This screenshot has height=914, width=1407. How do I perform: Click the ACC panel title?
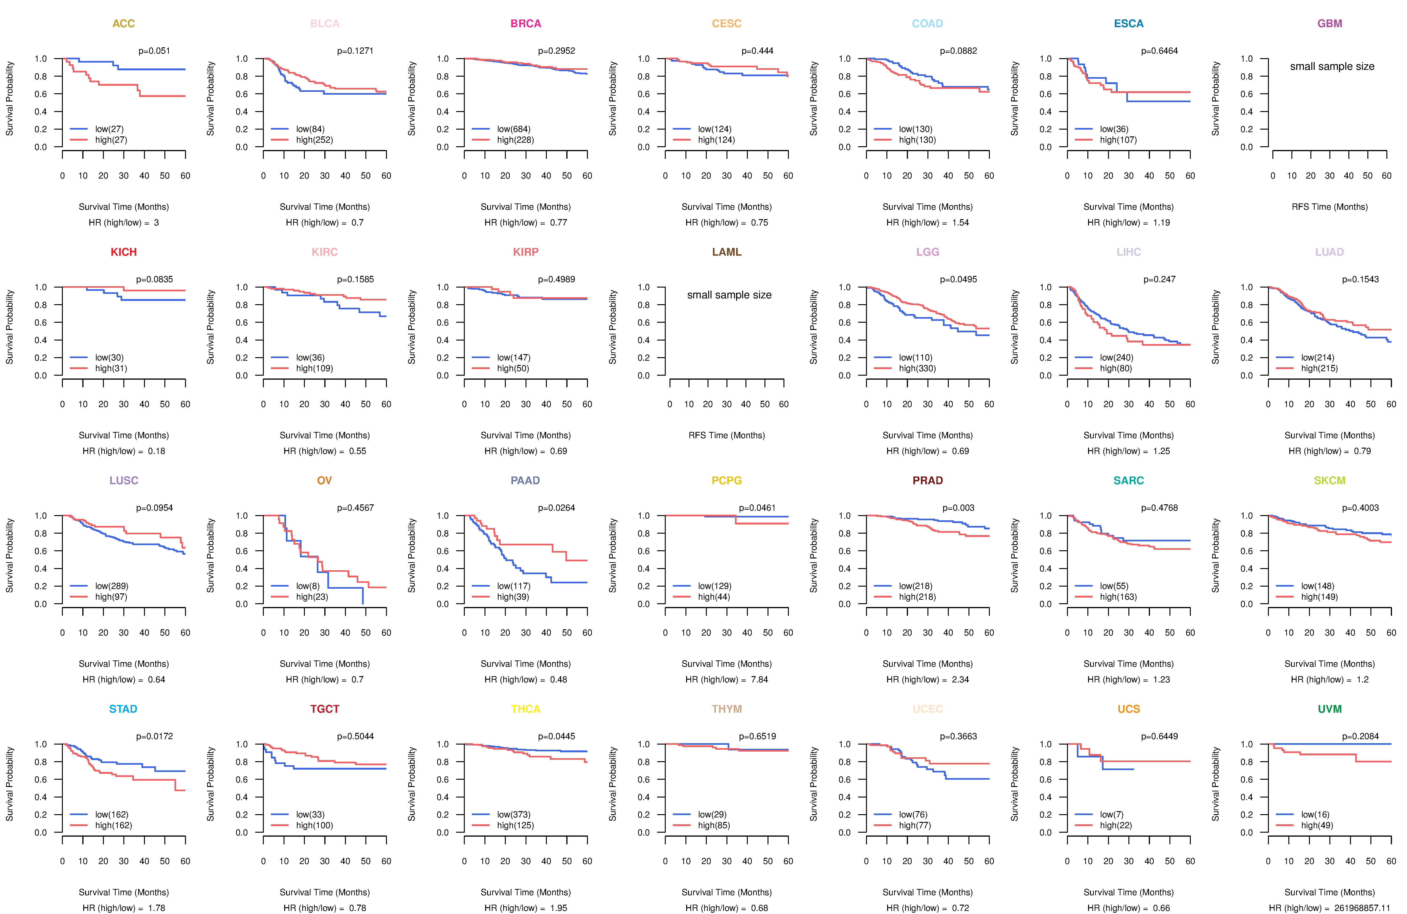tap(124, 24)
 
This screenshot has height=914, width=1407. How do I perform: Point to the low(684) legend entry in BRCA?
tap(513, 129)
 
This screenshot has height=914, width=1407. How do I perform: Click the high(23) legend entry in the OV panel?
tap(312, 597)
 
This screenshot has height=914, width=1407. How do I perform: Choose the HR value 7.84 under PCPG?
tap(759, 679)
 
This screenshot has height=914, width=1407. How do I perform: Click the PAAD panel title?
tap(525, 480)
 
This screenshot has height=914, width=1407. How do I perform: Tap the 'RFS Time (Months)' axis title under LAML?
tap(726, 435)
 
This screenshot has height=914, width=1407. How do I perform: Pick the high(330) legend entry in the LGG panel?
tap(917, 368)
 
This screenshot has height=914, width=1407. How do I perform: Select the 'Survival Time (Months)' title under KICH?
tap(124, 435)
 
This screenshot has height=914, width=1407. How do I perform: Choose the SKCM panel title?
tap(1330, 480)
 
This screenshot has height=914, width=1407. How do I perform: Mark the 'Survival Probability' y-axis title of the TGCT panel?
tap(210, 784)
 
